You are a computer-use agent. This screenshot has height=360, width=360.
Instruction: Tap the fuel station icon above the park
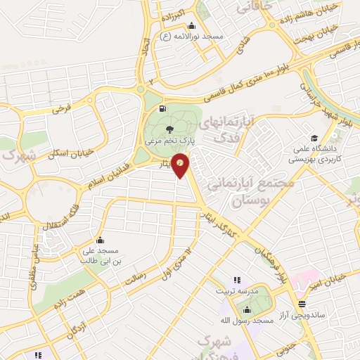tap(163, 108)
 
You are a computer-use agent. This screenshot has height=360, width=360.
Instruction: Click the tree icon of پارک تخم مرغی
tap(169, 129)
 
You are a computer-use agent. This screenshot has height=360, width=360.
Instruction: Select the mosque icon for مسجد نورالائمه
tap(192, 25)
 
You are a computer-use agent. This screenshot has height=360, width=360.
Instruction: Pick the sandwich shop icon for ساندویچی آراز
tap(302, 303)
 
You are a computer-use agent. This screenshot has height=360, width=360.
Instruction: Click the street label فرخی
tap(62, 110)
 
